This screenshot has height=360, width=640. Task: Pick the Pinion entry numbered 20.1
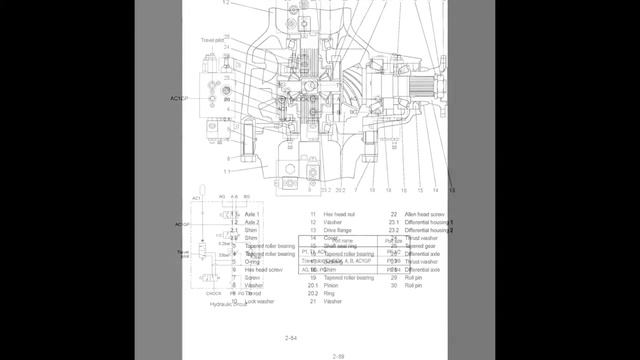(x=335, y=285)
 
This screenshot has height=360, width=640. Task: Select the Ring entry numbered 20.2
(x=333, y=293)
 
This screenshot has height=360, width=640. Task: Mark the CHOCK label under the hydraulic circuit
(x=199, y=293)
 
